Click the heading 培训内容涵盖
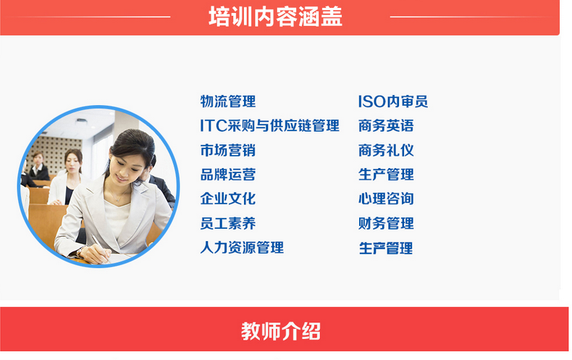(x=275, y=17)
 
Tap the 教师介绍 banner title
(x=280, y=331)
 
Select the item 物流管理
(x=228, y=101)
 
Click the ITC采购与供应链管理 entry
(x=269, y=125)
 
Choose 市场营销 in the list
(x=228, y=150)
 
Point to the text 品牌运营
(x=228, y=175)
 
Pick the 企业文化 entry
(x=228, y=198)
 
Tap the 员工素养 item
(x=228, y=223)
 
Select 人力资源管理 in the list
(x=242, y=248)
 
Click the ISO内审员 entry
(x=393, y=101)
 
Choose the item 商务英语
(x=386, y=125)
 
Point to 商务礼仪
(x=386, y=150)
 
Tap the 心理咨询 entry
(x=386, y=198)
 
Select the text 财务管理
(x=386, y=223)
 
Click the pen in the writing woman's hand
(x=100, y=246)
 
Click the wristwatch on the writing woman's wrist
(x=80, y=251)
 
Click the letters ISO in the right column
(x=371, y=101)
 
